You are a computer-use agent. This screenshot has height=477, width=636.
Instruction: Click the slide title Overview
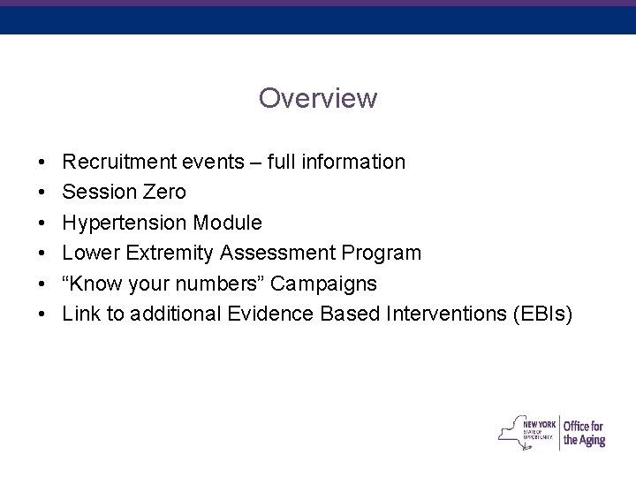318,98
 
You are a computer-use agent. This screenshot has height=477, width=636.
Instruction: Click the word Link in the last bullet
79,314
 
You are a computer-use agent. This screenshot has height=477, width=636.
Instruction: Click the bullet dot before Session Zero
42,193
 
